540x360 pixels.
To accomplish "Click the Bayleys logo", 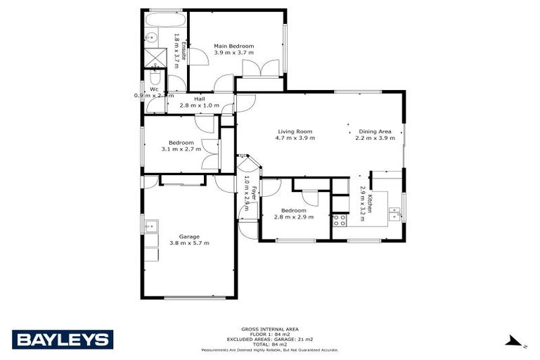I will pyautogui.click(x=63, y=340).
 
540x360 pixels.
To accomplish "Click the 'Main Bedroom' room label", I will pyautogui.click(x=234, y=46).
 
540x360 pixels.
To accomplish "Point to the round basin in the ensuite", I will pyautogui.click(x=151, y=39).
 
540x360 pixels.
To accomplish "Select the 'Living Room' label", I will pyautogui.click(x=295, y=131).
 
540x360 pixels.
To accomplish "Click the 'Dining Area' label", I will pyautogui.click(x=374, y=131).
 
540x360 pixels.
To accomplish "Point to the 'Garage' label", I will pyautogui.click(x=189, y=236).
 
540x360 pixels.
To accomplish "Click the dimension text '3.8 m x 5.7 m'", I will pyautogui.click(x=189, y=243).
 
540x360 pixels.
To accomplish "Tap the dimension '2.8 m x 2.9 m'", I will pyautogui.click(x=293, y=217).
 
